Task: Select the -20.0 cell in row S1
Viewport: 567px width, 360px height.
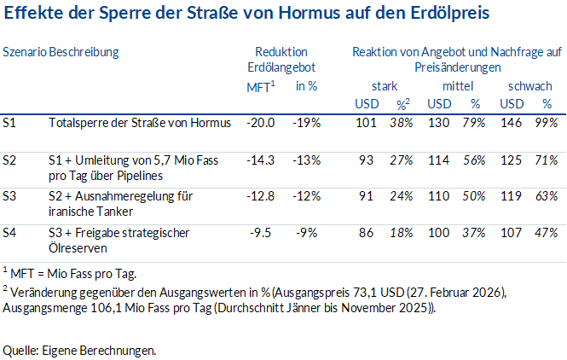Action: pos(260,123)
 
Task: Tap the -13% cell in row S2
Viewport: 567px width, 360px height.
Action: pos(306,160)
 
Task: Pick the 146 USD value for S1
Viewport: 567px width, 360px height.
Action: pos(512,123)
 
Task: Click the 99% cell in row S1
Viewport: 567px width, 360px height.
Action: pos(547,123)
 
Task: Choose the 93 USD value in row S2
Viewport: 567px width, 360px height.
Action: pos(367,160)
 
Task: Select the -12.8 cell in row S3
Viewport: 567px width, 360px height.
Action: pos(260,196)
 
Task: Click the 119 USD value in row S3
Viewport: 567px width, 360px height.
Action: pos(512,196)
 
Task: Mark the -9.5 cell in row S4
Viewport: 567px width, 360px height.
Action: pos(263,232)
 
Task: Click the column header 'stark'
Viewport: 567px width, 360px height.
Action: pos(385,86)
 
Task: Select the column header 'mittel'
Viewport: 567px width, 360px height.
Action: pos(457,86)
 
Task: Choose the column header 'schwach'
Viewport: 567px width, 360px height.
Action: pos(529,86)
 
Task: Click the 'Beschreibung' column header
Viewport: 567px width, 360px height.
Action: pos(84,51)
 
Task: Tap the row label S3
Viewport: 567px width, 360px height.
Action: pos(10,196)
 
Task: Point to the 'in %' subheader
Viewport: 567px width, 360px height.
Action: pos(307,86)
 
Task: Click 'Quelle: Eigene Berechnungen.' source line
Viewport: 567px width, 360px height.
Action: pos(80,350)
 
